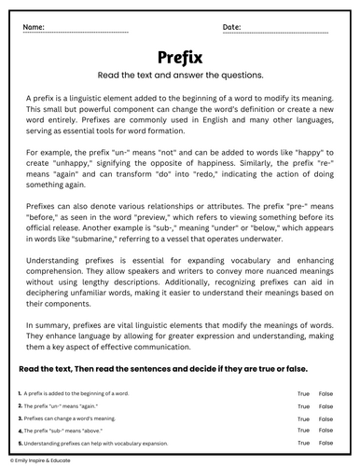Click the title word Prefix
coord(180,56)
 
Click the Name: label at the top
coord(34,28)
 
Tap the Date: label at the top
coord(233,28)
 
